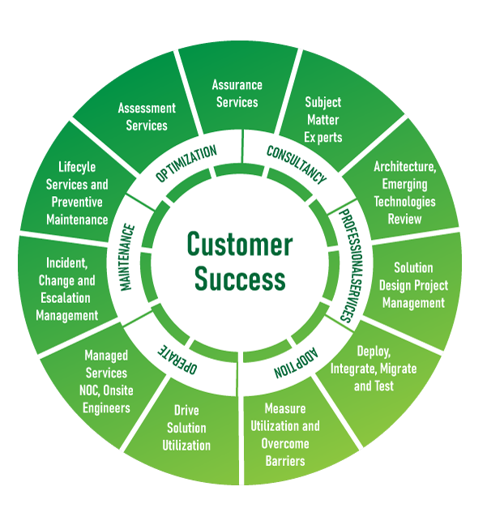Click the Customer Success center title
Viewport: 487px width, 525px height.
[240, 261]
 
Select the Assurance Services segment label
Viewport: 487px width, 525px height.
[237, 93]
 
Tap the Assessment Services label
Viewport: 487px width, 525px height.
[147, 117]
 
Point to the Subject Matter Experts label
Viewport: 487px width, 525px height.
[323, 120]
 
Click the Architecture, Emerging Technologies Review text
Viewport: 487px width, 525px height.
[405, 193]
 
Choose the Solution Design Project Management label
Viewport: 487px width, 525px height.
[413, 285]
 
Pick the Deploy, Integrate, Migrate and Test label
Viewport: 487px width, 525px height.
[374, 369]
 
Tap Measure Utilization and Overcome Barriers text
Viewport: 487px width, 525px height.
[285, 434]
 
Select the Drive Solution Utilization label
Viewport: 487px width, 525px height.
[186, 428]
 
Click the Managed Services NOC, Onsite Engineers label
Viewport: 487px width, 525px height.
[106, 382]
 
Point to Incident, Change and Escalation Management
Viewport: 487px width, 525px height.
[67, 289]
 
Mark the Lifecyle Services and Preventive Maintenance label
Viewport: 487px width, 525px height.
[77, 193]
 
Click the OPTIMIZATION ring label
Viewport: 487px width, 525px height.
[186, 164]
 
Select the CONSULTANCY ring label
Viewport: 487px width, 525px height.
[297, 164]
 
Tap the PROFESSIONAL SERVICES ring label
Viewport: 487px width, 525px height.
[351, 266]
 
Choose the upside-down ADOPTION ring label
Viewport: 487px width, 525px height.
[296, 363]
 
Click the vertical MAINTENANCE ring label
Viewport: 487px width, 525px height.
[127, 257]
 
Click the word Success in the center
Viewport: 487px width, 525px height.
[240, 279]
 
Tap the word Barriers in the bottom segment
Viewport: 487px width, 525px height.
[285, 461]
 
